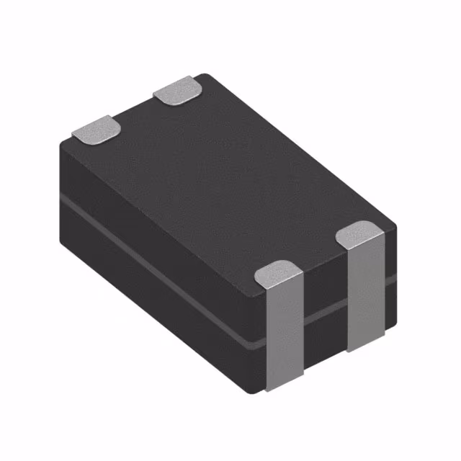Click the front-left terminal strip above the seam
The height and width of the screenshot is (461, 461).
coord(283,303)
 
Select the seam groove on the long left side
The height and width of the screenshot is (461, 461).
coord(158,267)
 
